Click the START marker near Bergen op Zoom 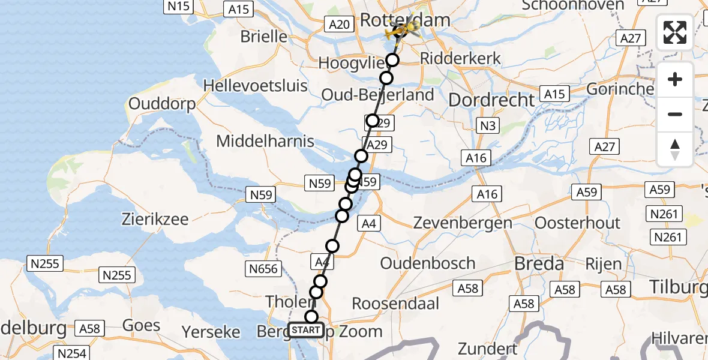(x=306, y=330)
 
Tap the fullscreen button (x=675, y=33)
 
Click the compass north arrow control (x=675, y=149)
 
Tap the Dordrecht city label (x=491, y=100)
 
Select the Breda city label (x=539, y=263)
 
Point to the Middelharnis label (x=265, y=142)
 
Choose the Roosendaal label (x=395, y=303)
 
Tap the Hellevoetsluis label (x=256, y=85)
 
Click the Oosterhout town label (x=577, y=223)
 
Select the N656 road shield (x=263, y=268)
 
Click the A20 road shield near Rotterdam (x=339, y=24)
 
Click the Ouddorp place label (x=162, y=104)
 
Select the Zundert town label (x=487, y=348)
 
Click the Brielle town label (x=264, y=36)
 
